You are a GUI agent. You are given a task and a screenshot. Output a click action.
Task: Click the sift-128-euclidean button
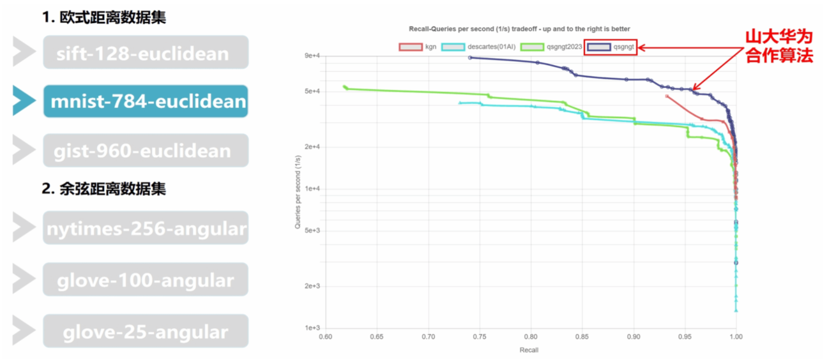point(146,52)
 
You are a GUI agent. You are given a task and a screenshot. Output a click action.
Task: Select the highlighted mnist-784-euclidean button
point(146,101)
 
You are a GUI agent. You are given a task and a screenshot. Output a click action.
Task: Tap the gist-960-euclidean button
point(146,151)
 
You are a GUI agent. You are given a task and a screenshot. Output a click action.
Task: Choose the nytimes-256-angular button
point(146,228)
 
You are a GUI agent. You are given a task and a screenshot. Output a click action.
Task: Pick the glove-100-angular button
point(146,280)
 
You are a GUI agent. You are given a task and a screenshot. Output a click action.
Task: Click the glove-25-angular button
point(146,331)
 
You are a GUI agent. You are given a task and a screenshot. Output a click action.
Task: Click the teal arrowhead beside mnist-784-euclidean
point(24,101)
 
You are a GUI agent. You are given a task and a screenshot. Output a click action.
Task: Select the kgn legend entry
point(418,47)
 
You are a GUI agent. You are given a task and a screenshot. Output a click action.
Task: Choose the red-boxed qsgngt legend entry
point(611,47)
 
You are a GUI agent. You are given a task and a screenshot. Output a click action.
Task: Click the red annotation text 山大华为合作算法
point(779,46)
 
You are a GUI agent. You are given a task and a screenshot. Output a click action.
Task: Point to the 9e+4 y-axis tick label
point(311,56)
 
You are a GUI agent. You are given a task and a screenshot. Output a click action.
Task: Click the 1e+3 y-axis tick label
point(311,328)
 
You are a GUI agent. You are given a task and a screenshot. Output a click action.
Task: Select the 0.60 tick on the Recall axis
point(326,337)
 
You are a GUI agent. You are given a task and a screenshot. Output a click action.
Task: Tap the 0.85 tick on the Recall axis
point(582,337)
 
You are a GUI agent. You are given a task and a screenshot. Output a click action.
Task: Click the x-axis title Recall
point(529,350)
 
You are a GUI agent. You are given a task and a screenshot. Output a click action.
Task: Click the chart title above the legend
point(519,29)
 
